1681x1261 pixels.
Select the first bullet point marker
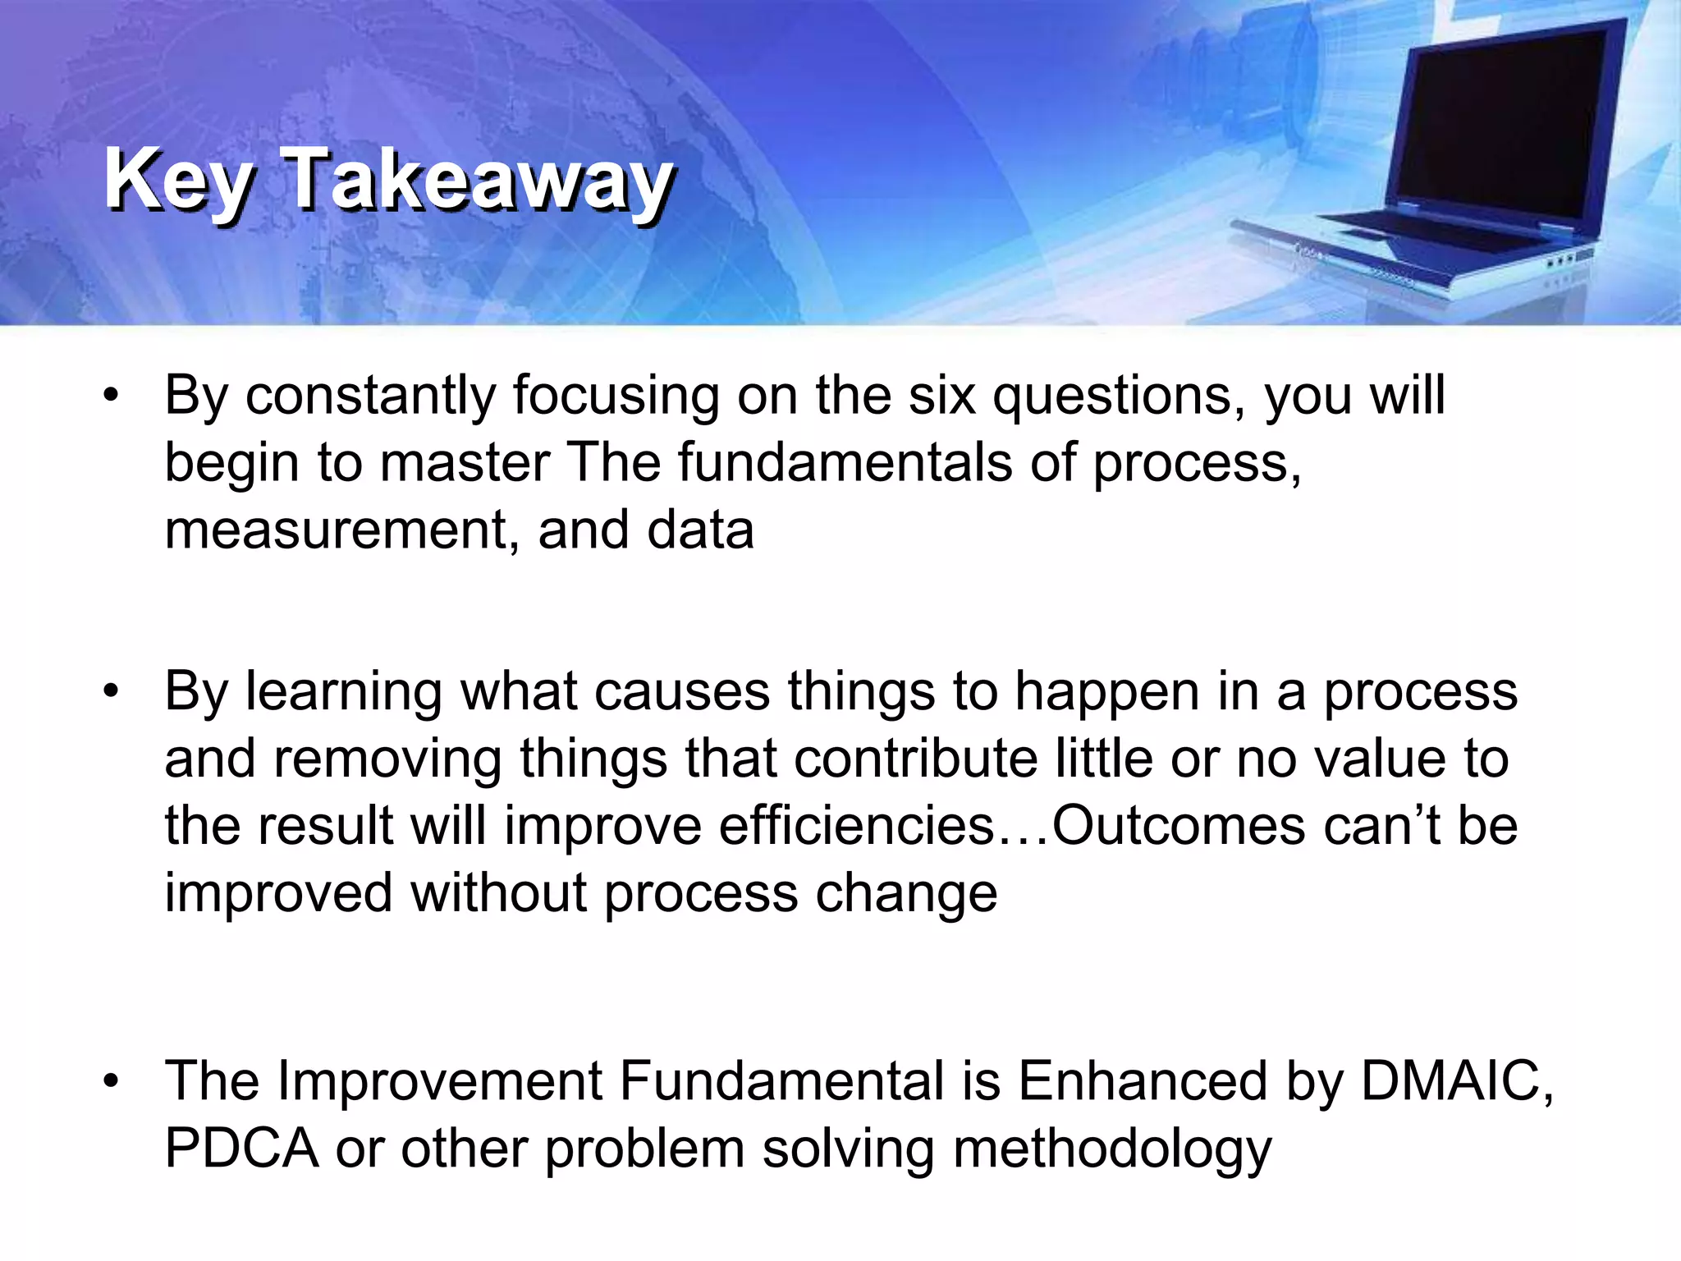pyautogui.click(x=112, y=397)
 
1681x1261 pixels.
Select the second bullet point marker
pyautogui.click(x=112, y=691)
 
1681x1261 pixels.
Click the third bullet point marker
pyautogui.click(x=112, y=1081)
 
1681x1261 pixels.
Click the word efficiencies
pyautogui.click(x=857, y=826)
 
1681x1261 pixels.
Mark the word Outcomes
pyautogui.click(x=1178, y=826)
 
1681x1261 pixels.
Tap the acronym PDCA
pyautogui.click(x=241, y=1148)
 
